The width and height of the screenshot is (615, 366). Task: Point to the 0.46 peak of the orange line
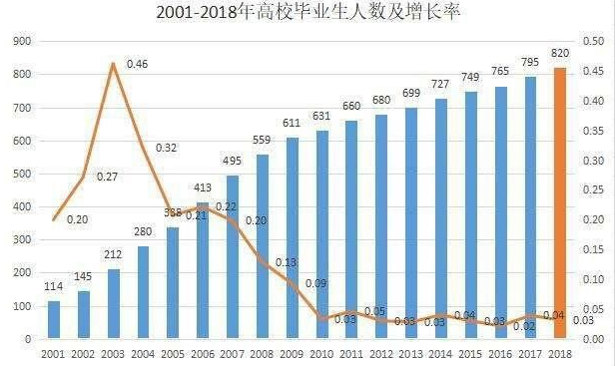click(113, 64)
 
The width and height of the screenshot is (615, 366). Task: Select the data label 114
click(54, 288)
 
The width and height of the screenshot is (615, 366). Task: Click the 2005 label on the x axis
click(173, 353)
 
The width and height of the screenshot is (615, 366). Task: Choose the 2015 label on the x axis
click(471, 353)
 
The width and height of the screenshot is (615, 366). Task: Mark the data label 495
click(233, 162)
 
